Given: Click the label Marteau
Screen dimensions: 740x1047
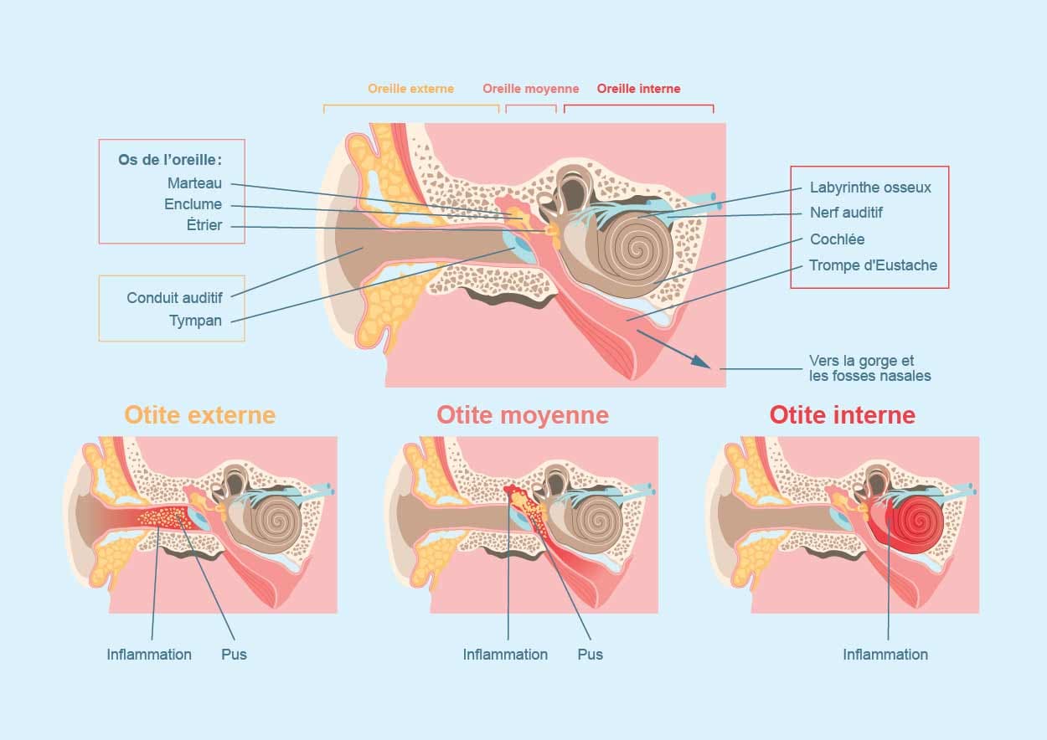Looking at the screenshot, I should (194, 182).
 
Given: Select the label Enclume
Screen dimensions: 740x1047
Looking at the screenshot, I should (193, 204).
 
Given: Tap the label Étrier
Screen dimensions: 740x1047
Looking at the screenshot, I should (204, 225).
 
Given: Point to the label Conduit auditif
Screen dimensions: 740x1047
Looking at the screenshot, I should (174, 298).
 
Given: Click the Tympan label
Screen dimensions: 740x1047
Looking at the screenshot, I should (195, 321).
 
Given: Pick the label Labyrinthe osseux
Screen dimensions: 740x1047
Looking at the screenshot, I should (870, 188).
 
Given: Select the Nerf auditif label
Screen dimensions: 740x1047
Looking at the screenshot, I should (846, 213).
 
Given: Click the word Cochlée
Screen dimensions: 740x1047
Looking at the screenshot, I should (837, 239).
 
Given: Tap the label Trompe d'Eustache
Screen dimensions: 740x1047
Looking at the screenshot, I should (873, 265).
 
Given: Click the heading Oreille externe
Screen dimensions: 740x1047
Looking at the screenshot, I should (410, 89).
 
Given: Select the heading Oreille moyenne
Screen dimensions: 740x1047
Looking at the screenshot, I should (530, 89).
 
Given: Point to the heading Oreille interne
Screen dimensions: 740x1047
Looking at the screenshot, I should (638, 89).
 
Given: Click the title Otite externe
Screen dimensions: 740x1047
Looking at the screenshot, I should (199, 415).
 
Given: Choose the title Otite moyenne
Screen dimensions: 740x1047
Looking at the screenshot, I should (522, 415).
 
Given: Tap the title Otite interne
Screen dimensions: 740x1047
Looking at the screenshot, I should (842, 415).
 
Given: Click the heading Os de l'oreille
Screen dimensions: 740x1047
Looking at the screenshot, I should (170, 160).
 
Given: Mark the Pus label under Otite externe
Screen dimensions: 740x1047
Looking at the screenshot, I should (234, 655).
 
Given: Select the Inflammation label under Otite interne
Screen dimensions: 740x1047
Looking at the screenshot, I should (885, 655).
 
